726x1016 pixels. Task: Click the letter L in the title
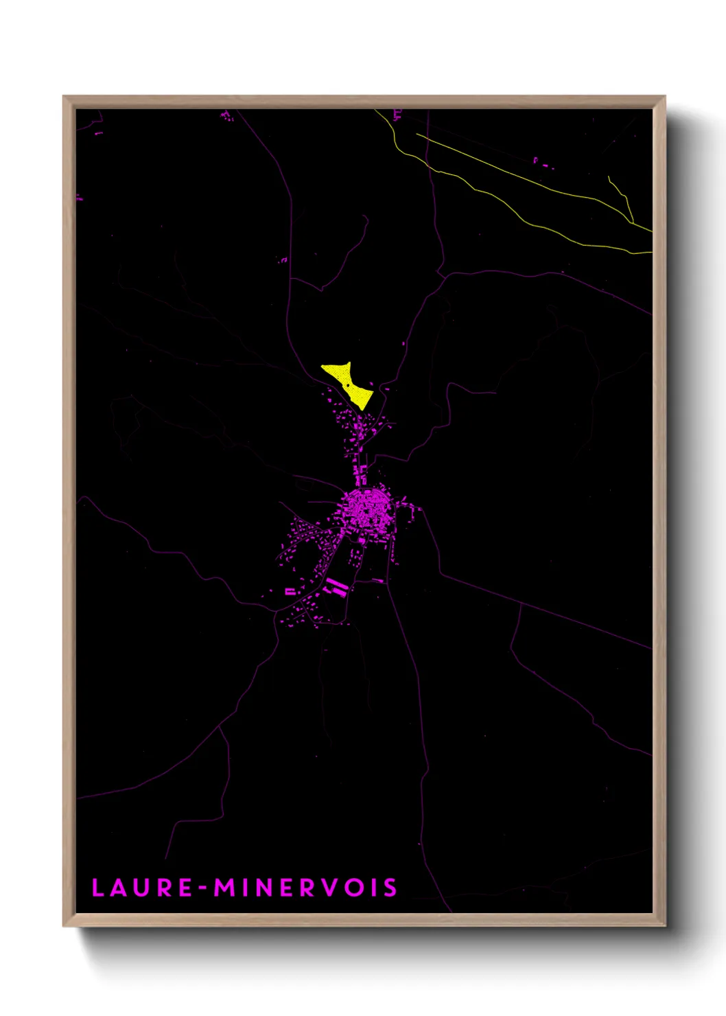pyautogui.click(x=97, y=888)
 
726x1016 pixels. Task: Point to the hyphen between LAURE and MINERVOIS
pyautogui.click(x=203, y=888)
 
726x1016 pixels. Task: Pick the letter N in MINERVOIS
pyautogui.click(x=267, y=888)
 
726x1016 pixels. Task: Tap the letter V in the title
pyautogui.click(x=331, y=888)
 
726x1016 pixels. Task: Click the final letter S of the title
pyautogui.click(x=390, y=888)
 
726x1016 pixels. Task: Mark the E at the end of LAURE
pyautogui.click(x=185, y=888)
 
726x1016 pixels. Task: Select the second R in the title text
pyautogui.click(x=308, y=888)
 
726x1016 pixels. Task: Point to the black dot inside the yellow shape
pyautogui.click(x=347, y=385)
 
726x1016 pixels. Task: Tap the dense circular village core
pyautogui.click(x=366, y=509)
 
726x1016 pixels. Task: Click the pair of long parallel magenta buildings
pyautogui.click(x=336, y=587)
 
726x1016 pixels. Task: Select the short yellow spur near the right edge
pyautogui.click(x=620, y=196)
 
